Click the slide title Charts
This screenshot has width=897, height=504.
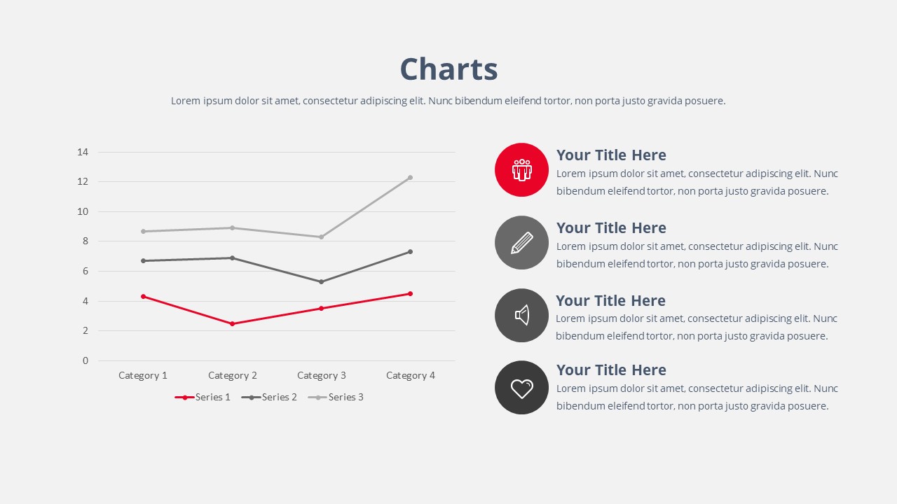pos(448,69)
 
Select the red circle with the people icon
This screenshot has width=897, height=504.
pos(521,169)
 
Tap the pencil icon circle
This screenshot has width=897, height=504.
pos(521,242)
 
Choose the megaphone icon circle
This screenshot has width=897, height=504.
pos(521,315)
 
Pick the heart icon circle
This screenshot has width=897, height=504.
pos(521,387)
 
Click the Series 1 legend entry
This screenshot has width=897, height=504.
pos(203,397)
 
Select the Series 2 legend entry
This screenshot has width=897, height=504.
pos(270,397)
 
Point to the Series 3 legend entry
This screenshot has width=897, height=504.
pos(336,397)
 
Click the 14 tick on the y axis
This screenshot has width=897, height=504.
pos(83,152)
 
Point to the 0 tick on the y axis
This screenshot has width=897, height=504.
pos(85,360)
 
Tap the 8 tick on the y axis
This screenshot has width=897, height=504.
pos(85,241)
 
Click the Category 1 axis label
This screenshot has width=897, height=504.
pos(143,375)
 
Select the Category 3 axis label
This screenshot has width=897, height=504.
pos(322,375)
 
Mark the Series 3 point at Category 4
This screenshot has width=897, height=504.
pos(410,178)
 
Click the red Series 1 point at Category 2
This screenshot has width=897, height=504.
pos(232,323)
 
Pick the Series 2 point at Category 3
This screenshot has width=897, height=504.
pos(322,281)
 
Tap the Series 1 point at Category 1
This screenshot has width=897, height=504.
pos(143,296)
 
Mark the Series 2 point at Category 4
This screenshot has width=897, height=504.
pos(410,251)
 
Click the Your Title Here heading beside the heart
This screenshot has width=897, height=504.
pos(611,370)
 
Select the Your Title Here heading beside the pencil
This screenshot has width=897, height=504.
pos(611,228)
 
